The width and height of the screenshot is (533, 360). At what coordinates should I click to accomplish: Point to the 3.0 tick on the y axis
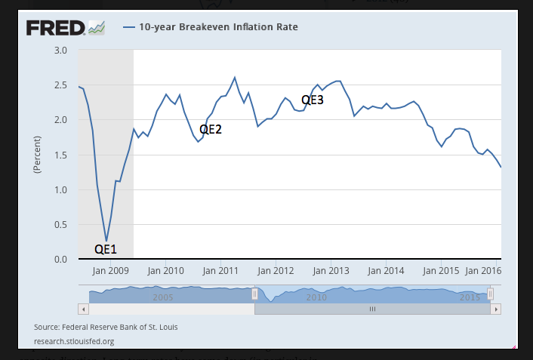point(61,50)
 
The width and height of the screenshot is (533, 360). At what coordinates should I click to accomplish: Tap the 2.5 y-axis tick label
point(61,85)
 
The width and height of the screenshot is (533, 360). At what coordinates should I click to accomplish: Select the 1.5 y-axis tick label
point(61,155)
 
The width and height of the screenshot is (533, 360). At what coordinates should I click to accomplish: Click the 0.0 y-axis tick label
point(61,259)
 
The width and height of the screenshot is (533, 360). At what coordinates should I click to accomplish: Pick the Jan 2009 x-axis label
point(109,269)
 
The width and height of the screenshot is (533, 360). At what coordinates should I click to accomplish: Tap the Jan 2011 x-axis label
point(222,269)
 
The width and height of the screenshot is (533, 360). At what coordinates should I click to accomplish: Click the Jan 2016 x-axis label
point(483,269)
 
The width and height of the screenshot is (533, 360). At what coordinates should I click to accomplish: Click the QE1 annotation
point(106,248)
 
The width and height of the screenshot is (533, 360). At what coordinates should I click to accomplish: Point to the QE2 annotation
point(211,129)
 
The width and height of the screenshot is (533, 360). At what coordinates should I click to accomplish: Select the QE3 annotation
point(313,99)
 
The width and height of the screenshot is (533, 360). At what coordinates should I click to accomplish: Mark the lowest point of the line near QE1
point(106,241)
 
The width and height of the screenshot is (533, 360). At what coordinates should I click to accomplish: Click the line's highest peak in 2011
point(235,77)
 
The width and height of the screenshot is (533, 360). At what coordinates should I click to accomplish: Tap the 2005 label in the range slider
point(163,297)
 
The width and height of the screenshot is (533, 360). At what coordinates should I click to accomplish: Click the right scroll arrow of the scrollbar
point(495,309)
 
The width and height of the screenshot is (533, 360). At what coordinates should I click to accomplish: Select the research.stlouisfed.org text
point(74,340)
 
